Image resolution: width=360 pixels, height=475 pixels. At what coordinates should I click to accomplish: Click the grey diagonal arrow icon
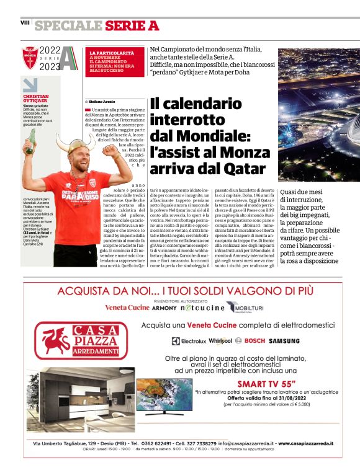coord(30,85)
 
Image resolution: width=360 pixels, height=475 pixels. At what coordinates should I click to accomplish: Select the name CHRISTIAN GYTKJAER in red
coord(40,100)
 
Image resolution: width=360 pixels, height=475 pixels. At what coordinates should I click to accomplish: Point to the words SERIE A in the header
coord(132,25)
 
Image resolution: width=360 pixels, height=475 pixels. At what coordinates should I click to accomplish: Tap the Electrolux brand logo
coord(189,340)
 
